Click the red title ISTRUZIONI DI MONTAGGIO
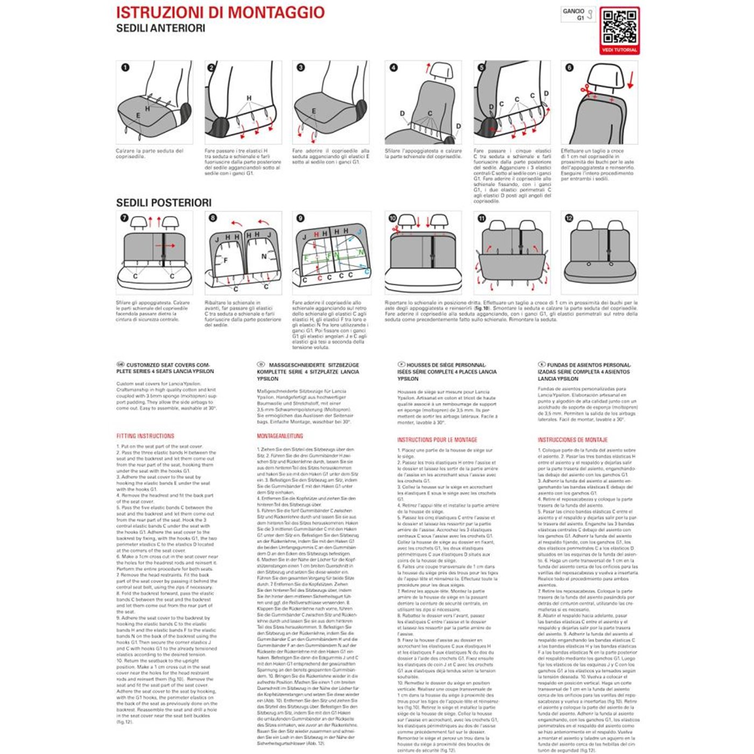220,12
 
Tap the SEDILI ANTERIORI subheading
160,29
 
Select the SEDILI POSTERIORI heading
164,203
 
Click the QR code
619,27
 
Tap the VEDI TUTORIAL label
619,50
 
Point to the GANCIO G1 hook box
578,15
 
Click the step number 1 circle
125,68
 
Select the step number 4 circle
394,68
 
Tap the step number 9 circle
301,218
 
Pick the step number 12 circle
569,218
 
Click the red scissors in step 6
585,89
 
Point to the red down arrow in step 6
631,80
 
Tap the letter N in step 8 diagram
264,256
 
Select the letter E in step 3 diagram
314,111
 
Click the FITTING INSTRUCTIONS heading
145,436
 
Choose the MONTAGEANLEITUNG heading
280,436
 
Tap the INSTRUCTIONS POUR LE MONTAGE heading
437,439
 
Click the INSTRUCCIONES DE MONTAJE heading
573,439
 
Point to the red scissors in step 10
396,229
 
